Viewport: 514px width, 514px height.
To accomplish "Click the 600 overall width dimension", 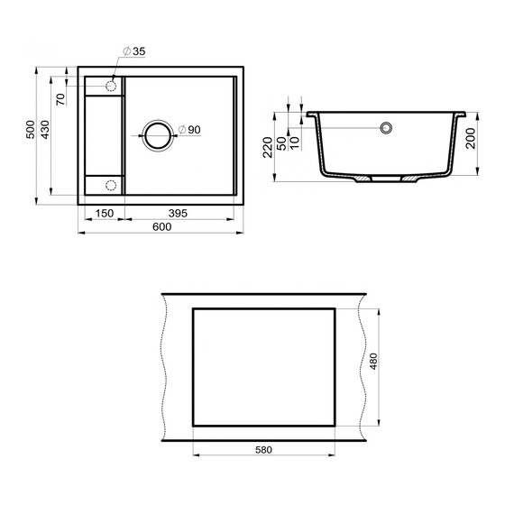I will [x=162, y=226].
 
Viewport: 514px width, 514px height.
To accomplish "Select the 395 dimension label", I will [x=178, y=213].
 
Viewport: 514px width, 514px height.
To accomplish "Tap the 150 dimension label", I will [x=104, y=213].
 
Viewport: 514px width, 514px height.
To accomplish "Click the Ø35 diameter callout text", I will [x=135, y=52].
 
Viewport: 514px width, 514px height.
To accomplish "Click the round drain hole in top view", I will [x=157, y=134].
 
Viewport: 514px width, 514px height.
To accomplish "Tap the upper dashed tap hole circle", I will [x=112, y=85].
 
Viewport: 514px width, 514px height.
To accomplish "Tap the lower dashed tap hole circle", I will [x=112, y=185].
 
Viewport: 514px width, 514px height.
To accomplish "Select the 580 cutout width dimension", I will [x=263, y=449].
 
